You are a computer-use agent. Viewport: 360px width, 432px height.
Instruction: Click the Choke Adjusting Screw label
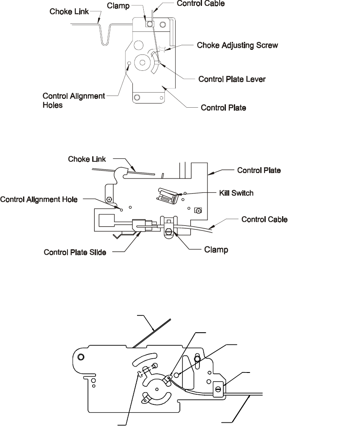(x=237, y=45)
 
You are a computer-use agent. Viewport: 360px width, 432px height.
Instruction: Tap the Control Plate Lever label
(x=232, y=79)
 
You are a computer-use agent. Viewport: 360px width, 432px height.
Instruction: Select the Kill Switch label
(x=236, y=193)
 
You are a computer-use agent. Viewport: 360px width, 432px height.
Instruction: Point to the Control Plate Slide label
(x=75, y=252)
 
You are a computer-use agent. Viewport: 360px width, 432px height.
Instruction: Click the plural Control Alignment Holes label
(x=73, y=101)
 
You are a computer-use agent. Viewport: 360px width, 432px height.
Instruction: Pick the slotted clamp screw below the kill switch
(x=169, y=230)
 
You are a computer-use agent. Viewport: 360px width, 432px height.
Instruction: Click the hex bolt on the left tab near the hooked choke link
(x=109, y=199)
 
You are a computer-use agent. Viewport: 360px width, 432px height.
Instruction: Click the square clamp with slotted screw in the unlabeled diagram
(x=218, y=389)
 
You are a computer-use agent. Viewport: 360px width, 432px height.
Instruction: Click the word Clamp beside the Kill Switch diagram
(x=216, y=250)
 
